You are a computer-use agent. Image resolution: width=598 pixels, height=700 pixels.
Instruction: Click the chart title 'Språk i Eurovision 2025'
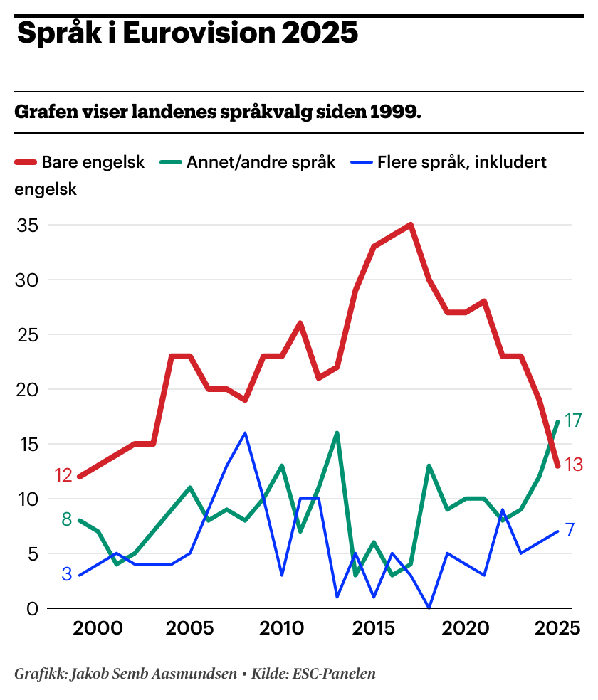(x=187, y=33)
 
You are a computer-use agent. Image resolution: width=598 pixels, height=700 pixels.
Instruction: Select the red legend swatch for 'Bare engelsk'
(x=26, y=163)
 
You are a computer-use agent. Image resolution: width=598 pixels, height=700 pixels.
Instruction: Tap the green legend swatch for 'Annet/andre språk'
(x=171, y=163)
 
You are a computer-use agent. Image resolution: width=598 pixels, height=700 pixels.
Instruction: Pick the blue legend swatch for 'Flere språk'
(x=362, y=163)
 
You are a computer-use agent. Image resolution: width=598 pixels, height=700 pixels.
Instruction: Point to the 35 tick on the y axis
(x=28, y=226)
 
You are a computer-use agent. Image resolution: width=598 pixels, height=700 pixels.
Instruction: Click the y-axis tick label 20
(x=28, y=390)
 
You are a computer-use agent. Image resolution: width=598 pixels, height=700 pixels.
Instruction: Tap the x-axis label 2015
(x=373, y=629)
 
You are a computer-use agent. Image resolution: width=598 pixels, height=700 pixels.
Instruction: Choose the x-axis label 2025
(x=559, y=629)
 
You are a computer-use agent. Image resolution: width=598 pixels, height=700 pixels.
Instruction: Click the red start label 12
(x=63, y=476)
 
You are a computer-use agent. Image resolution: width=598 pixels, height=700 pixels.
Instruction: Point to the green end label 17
(x=573, y=420)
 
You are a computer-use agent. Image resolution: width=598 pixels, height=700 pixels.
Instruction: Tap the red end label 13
(x=574, y=465)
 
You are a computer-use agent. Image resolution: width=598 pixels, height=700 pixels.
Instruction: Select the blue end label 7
(x=570, y=530)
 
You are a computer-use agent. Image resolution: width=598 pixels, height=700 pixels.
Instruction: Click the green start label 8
(x=67, y=519)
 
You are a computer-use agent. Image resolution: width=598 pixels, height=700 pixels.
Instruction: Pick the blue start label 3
(x=67, y=574)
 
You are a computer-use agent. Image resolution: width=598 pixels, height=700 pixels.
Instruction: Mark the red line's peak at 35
(x=411, y=226)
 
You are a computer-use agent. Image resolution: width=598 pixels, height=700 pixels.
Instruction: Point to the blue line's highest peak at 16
(x=245, y=433)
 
